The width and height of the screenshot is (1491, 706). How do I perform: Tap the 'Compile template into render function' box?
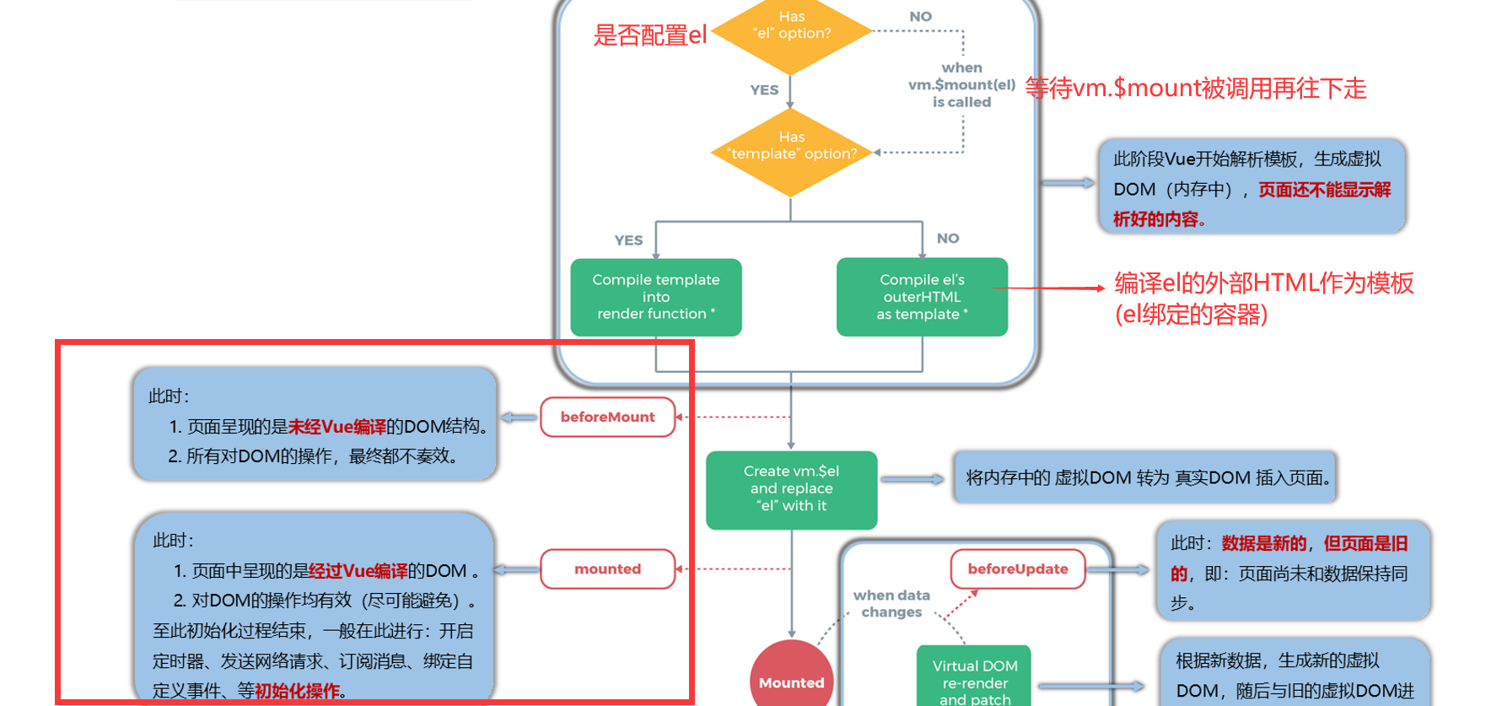(656, 297)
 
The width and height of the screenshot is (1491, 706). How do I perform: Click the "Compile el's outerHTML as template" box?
(922, 297)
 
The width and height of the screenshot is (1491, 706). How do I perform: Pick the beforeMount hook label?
(607, 417)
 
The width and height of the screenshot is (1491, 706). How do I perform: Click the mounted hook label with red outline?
(607, 569)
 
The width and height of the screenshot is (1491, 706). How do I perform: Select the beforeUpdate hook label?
(1017, 569)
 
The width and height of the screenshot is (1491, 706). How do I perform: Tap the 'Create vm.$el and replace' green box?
(791, 489)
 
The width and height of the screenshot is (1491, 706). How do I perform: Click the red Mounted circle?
(791, 679)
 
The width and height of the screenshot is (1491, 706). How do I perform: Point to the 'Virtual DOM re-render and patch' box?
(974, 679)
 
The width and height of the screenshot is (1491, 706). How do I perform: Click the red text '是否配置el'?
(649, 35)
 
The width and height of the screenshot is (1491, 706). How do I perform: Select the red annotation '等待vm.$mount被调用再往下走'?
(1195, 88)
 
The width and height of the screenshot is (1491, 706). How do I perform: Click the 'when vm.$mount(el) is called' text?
(961, 84)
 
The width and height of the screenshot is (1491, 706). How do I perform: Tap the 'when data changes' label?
(891, 603)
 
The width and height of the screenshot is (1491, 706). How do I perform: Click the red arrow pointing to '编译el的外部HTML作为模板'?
(1054, 288)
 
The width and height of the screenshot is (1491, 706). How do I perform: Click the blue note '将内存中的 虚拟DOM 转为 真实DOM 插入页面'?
(1145, 477)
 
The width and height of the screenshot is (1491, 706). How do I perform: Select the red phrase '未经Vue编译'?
(336, 427)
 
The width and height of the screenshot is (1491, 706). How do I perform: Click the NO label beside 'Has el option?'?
(920, 16)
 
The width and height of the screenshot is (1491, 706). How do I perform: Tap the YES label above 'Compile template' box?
(628, 240)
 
